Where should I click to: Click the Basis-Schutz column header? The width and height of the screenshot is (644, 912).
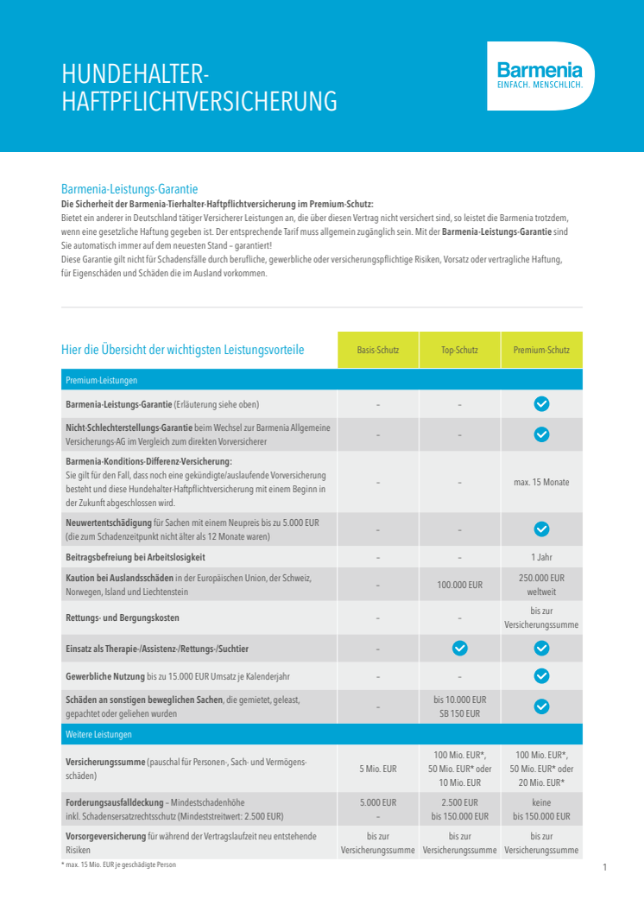point(377,351)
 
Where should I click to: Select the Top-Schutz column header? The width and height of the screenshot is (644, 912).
point(459,351)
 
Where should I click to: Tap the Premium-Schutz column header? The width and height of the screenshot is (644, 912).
point(541,351)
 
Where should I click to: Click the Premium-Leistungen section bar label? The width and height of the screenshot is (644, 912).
point(102,380)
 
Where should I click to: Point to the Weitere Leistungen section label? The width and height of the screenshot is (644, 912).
point(99,734)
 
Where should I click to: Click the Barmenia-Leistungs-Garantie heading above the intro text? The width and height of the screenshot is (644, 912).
point(129,188)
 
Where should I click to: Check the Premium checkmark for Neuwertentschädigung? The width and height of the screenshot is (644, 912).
point(541,529)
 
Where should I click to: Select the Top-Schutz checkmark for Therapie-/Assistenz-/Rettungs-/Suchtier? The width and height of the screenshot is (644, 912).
point(459,648)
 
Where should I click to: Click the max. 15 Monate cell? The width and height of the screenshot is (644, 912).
point(541,482)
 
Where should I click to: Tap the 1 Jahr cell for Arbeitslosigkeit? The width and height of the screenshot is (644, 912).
point(541,557)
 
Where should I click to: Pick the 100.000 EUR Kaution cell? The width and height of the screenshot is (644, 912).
point(459,586)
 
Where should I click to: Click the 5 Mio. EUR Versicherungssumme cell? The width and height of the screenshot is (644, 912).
point(377,769)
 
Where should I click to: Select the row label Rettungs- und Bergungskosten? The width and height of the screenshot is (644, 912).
point(123,618)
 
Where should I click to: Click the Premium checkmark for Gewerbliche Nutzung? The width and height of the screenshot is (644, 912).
point(541,675)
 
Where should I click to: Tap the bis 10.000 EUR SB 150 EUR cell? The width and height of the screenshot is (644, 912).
point(459,706)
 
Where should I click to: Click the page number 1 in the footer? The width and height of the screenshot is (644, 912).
point(605,867)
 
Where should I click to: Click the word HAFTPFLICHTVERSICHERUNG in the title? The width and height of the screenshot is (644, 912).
point(199,102)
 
